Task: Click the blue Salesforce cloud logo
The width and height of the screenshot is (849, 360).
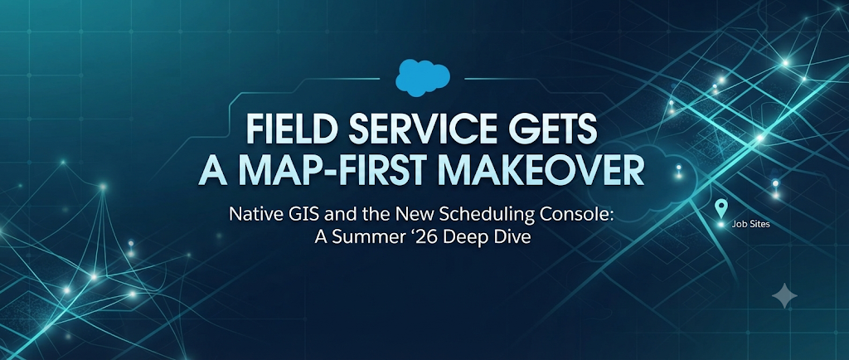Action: click(x=423, y=78)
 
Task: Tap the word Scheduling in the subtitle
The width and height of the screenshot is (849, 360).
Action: click(x=488, y=216)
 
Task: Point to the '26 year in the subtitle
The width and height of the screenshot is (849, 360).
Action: click(x=406, y=238)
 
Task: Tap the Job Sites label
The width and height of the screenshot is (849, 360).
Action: click(x=750, y=224)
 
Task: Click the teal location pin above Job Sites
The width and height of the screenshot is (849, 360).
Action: click(x=720, y=207)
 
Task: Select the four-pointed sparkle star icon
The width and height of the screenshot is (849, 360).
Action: click(x=784, y=295)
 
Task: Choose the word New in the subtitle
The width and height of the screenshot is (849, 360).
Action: click(x=420, y=215)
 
